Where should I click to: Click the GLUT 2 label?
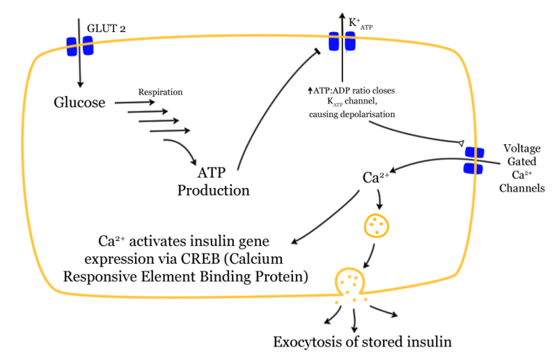107,29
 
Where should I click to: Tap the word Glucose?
79,102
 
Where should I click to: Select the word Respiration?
160,92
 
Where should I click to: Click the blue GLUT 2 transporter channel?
80,46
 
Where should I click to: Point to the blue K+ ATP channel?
342,41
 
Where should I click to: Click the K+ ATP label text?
360,24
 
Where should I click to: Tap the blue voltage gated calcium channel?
474,160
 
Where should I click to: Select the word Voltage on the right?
521,148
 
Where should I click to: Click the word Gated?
521,162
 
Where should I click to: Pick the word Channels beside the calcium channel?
521,187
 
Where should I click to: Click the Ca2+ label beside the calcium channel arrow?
376,178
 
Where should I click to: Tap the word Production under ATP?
213,191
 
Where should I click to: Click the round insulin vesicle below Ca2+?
377,226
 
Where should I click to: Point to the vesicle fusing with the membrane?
350,281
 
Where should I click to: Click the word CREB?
201,259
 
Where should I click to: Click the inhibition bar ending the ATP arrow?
317,52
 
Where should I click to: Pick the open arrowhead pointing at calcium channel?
461,143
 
